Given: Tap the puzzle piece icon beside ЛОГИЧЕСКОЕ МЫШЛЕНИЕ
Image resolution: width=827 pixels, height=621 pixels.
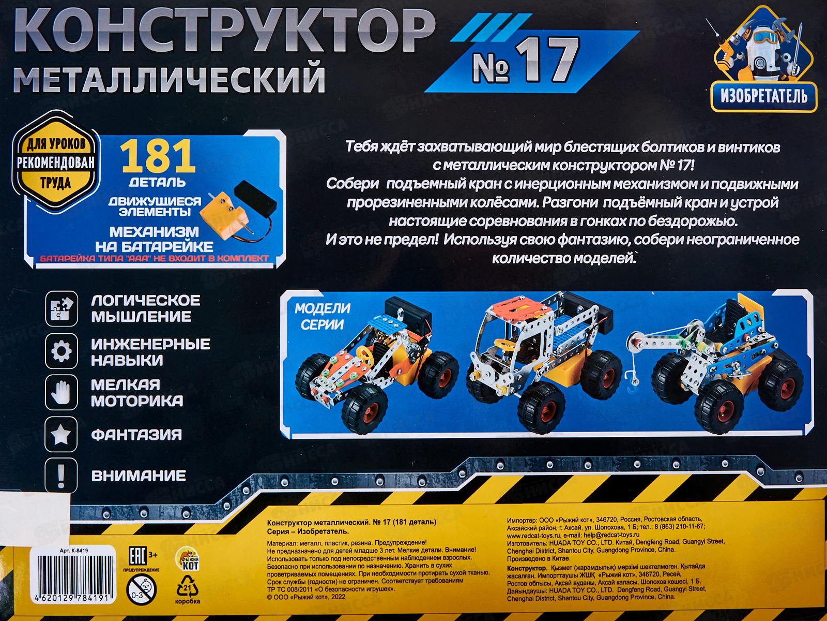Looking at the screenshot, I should (x=62, y=308).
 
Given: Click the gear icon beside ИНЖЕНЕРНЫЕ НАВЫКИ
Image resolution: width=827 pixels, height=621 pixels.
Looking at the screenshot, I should (x=62, y=351).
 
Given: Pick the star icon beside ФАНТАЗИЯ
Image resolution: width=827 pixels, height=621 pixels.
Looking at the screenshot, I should (x=62, y=434).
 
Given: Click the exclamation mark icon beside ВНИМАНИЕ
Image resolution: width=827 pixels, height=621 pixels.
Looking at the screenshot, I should (x=62, y=476).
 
